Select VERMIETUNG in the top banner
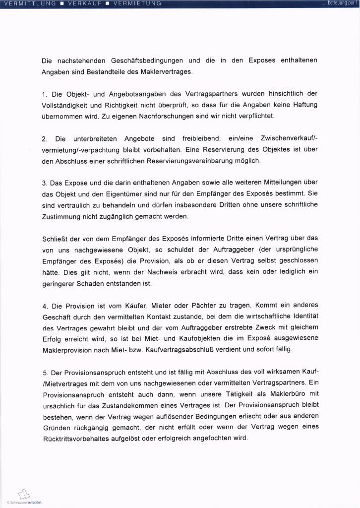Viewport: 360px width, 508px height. click(138, 4)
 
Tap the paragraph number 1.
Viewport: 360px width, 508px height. click(44, 94)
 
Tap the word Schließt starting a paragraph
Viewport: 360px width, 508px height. click(55, 239)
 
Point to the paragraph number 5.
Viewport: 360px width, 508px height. click(44, 373)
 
